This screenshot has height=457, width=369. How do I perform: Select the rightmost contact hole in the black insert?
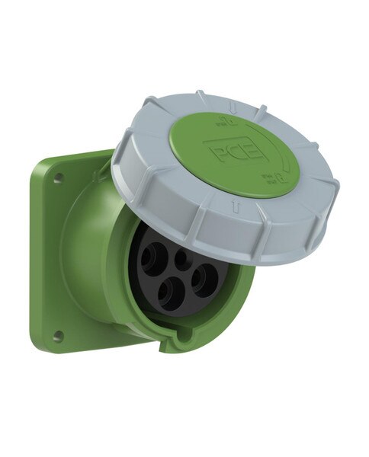coord(204,280)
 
